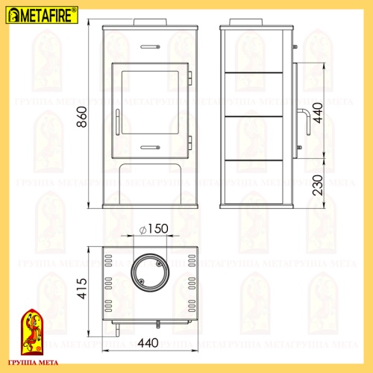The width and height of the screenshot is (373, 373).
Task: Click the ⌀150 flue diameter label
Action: (153, 231)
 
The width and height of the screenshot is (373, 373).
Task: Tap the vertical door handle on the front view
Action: (117, 123)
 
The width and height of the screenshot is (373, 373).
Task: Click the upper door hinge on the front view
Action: (189, 77)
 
